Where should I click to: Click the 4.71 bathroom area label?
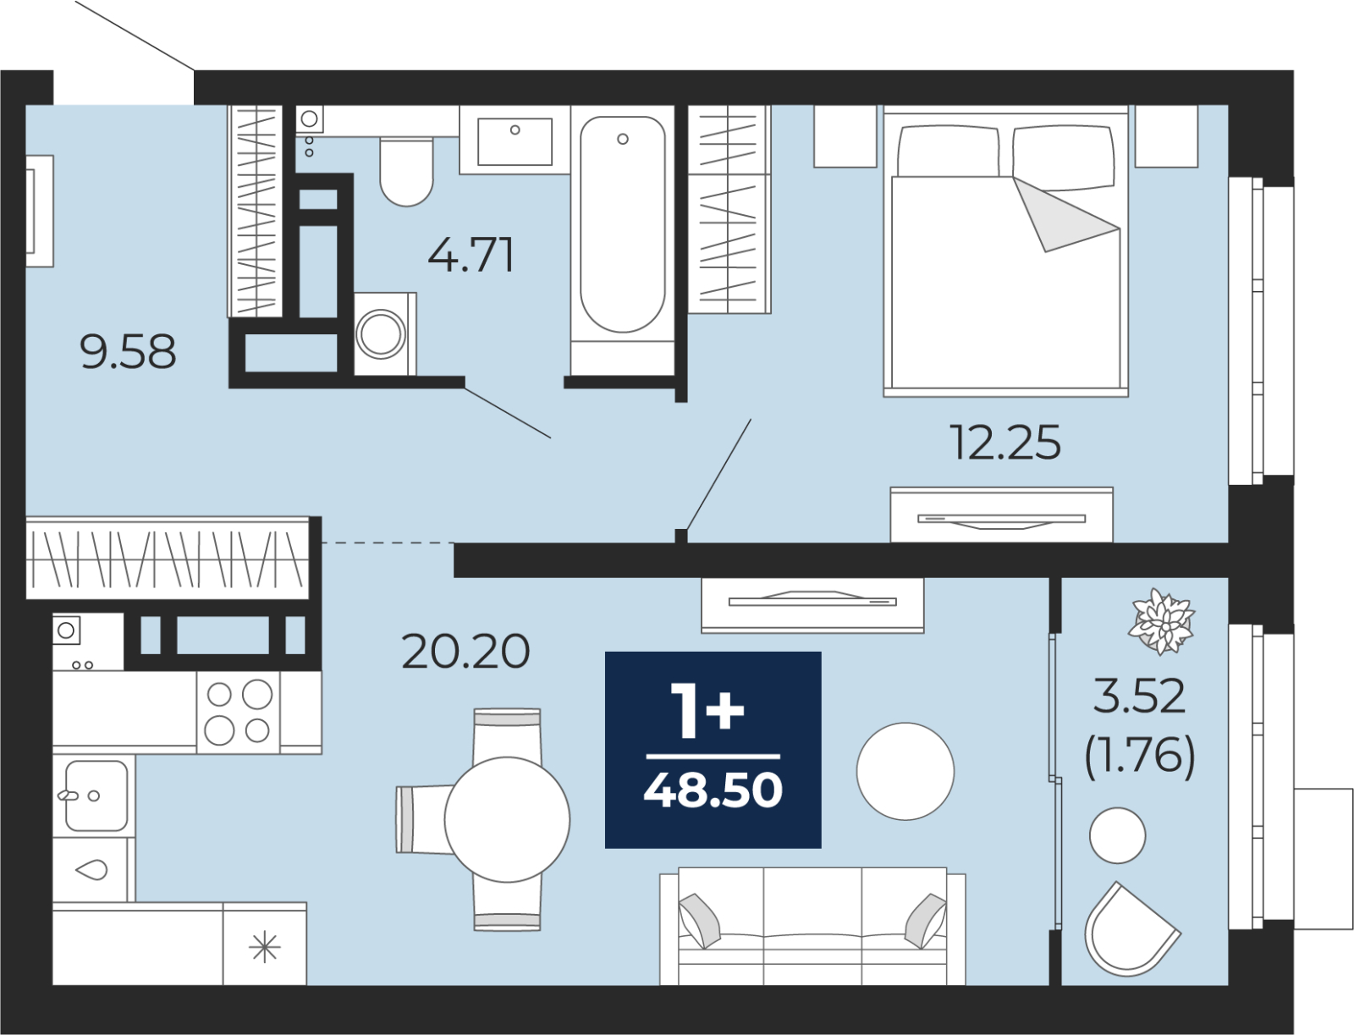[x=471, y=256]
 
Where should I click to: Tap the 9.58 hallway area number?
[x=128, y=352]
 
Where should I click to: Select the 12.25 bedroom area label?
[x=1004, y=443]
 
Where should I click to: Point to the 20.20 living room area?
[x=465, y=652]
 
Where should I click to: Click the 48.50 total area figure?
[x=713, y=790]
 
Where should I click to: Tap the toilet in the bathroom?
[x=406, y=172]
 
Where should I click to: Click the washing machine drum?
[x=381, y=333]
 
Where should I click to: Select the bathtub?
[x=622, y=240]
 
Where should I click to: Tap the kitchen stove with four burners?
[x=239, y=713]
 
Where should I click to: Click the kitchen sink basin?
[x=96, y=796]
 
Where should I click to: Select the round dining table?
[x=507, y=820]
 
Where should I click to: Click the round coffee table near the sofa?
[x=905, y=771]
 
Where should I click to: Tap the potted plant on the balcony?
[x=1162, y=621]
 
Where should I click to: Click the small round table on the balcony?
[x=1117, y=835]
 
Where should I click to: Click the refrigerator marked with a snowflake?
[x=265, y=944]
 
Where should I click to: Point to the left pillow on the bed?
[x=948, y=151]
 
